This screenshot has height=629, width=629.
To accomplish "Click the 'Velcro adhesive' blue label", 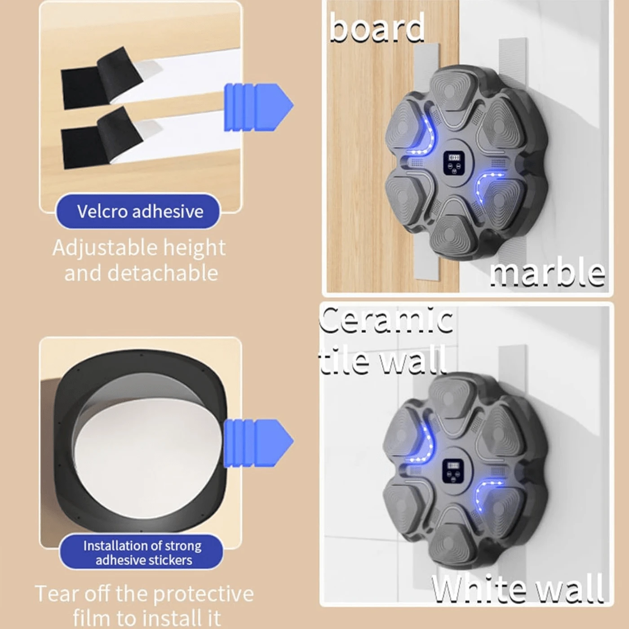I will [x=139, y=211].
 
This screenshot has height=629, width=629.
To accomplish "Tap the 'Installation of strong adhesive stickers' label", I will [x=142, y=553].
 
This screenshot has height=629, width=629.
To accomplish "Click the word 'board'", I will [x=377, y=28].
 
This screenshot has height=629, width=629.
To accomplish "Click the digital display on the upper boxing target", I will [x=453, y=158].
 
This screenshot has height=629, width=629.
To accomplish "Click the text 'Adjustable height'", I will [x=139, y=248].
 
